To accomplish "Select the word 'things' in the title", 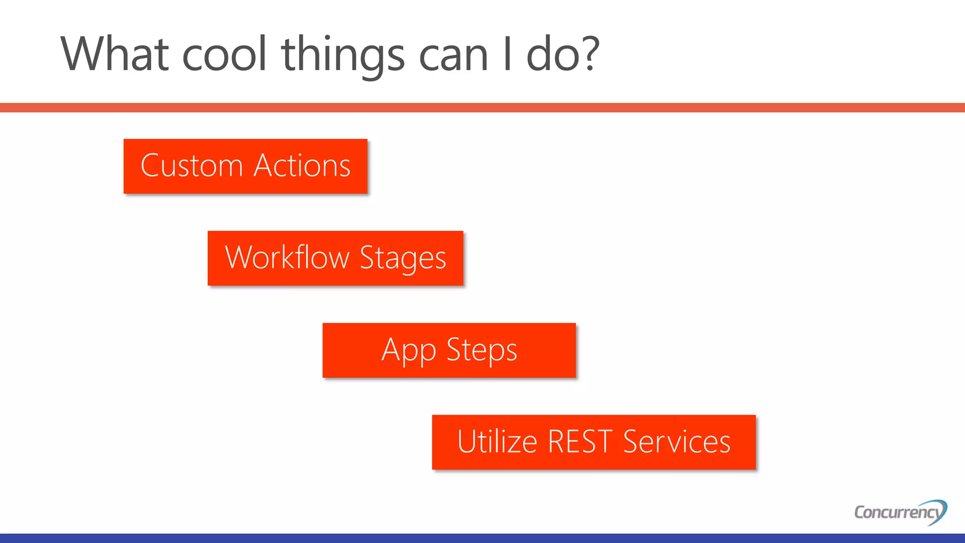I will tap(343, 56).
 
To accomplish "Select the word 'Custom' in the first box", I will tap(191, 166).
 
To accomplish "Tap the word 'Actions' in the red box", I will tap(302, 166).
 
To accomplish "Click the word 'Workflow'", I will tap(287, 258).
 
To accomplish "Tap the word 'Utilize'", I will tap(497, 442).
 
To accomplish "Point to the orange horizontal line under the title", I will tap(482, 107).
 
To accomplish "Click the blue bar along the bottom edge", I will tap(482, 538).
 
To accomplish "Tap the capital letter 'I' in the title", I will tap(507, 53).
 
